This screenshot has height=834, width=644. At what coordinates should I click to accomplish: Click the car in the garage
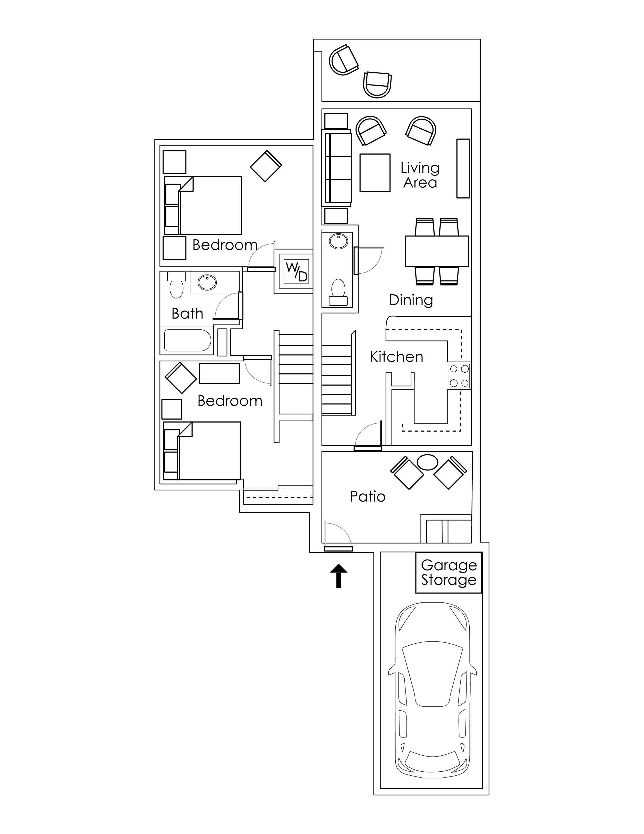point(432,692)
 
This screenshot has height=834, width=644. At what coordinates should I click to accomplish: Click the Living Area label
point(420,175)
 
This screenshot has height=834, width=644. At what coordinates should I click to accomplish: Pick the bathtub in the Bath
point(187,340)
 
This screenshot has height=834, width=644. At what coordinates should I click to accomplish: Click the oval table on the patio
point(427,462)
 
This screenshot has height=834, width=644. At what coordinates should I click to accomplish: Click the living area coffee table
point(375,173)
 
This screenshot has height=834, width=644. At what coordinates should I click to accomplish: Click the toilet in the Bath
point(176,288)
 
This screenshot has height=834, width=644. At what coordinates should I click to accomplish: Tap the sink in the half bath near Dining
point(338,241)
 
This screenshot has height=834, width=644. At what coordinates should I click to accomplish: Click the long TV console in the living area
point(463,168)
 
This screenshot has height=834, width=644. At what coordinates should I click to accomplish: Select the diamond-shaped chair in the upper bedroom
point(266,166)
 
